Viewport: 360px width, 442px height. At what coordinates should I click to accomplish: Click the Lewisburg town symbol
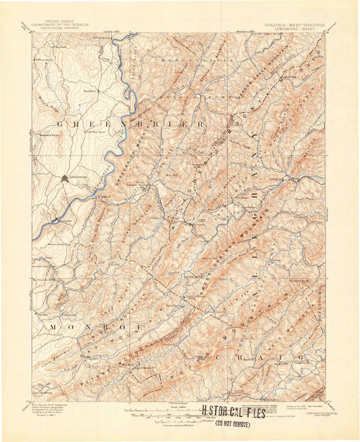point(64,178)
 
